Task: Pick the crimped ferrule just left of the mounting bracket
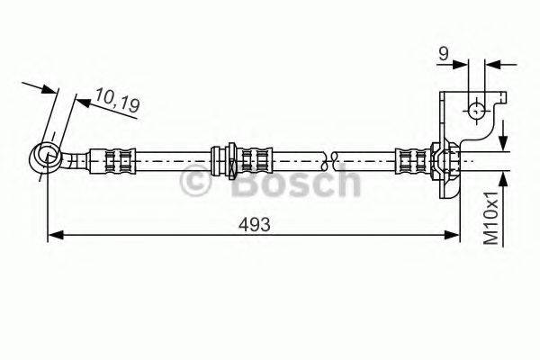click(x=412, y=161)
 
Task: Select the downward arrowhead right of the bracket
click(x=504, y=144)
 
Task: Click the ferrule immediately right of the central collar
click(x=256, y=161)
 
